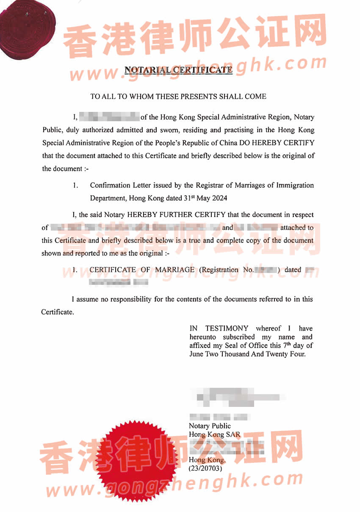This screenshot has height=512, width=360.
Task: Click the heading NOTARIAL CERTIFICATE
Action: click(178, 70)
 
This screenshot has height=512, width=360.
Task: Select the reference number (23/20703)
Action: click(205, 468)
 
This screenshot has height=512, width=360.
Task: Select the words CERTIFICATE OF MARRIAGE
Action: click(142, 270)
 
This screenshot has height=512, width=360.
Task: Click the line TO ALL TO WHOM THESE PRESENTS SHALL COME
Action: click(178, 97)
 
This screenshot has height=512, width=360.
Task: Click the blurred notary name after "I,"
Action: click(109, 117)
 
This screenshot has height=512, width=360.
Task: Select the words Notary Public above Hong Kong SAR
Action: click(210, 426)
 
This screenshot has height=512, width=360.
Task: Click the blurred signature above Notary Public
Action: click(237, 397)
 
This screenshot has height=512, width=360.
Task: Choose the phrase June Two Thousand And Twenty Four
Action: click(247, 354)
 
